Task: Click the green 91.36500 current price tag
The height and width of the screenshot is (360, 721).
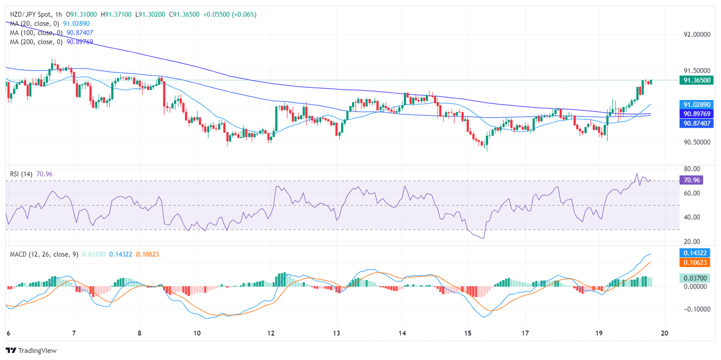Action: [696, 80]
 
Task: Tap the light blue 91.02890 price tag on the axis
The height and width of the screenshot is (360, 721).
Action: [696, 105]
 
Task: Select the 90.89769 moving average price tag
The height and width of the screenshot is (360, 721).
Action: [696, 114]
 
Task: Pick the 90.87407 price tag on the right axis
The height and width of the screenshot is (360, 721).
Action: [696, 123]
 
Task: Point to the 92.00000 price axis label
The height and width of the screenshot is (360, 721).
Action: [696, 35]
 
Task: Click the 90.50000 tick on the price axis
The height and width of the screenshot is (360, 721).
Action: [696, 142]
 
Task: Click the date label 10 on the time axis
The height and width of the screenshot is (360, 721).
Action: [197, 333]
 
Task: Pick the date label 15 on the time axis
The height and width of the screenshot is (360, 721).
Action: [467, 333]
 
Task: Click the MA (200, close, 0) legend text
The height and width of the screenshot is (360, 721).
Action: [36, 42]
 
